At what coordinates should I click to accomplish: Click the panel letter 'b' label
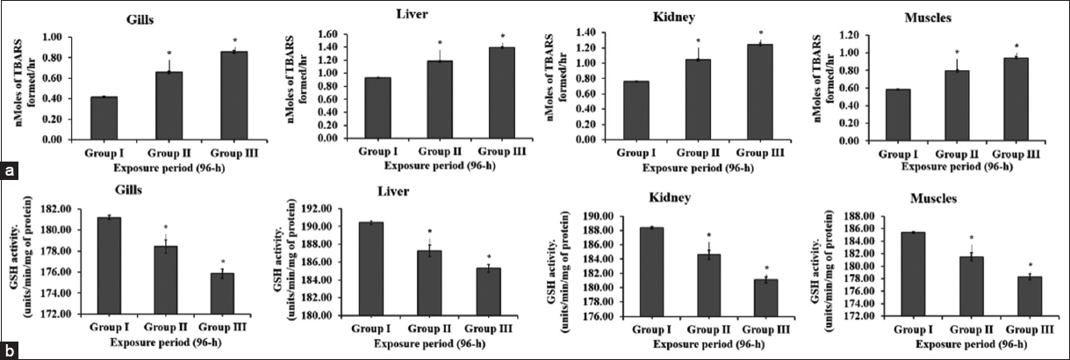click(8, 349)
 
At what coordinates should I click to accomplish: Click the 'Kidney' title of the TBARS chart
click(699, 18)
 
